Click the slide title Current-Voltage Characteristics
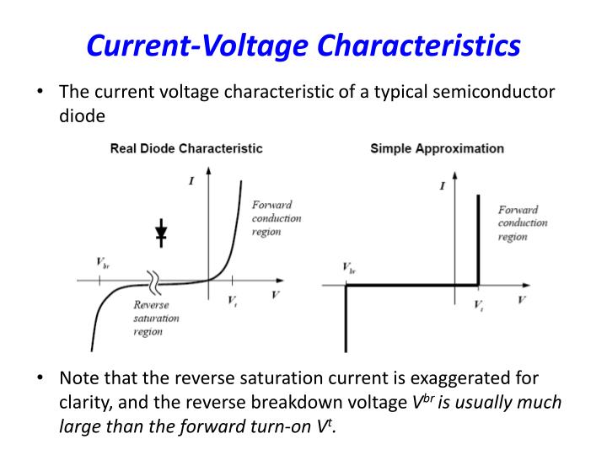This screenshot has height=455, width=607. pos(303,45)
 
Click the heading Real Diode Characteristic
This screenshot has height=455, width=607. pos(186,148)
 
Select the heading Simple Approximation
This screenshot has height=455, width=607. pos(437,148)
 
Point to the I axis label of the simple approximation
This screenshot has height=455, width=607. pos(443,186)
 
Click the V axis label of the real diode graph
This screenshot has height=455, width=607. pos(275,295)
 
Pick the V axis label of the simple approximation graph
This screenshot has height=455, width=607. pos(523,300)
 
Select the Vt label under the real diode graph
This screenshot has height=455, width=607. pos(233,301)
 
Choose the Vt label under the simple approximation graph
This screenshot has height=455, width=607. pos(479,304)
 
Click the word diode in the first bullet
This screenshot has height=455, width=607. pos(82,117)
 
